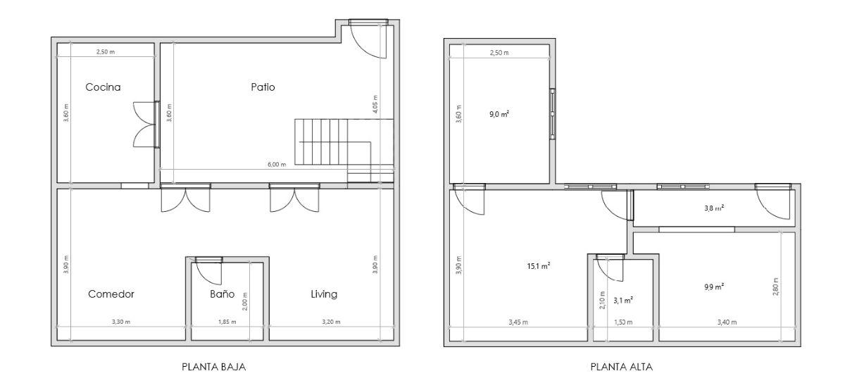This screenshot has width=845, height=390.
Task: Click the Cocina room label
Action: (x=103, y=87)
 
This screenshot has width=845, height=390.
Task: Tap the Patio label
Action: (x=263, y=87)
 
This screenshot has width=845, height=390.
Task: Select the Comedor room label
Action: (x=111, y=294)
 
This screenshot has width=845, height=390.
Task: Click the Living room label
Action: (x=324, y=294)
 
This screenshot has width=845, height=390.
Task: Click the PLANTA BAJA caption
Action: (x=214, y=367)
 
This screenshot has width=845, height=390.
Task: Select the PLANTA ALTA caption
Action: (x=622, y=367)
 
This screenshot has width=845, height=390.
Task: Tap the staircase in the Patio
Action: (x=331, y=142)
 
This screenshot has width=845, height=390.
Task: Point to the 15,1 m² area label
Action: (x=539, y=266)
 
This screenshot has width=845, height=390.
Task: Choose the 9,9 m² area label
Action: (x=714, y=287)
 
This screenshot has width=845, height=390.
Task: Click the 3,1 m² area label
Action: (x=622, y=300)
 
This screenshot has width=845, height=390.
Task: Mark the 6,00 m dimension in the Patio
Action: (x=277, y=165)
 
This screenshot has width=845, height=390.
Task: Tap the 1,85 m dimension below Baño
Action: (x=225, y=322)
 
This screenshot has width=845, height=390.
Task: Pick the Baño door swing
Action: (x=208, y=269)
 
